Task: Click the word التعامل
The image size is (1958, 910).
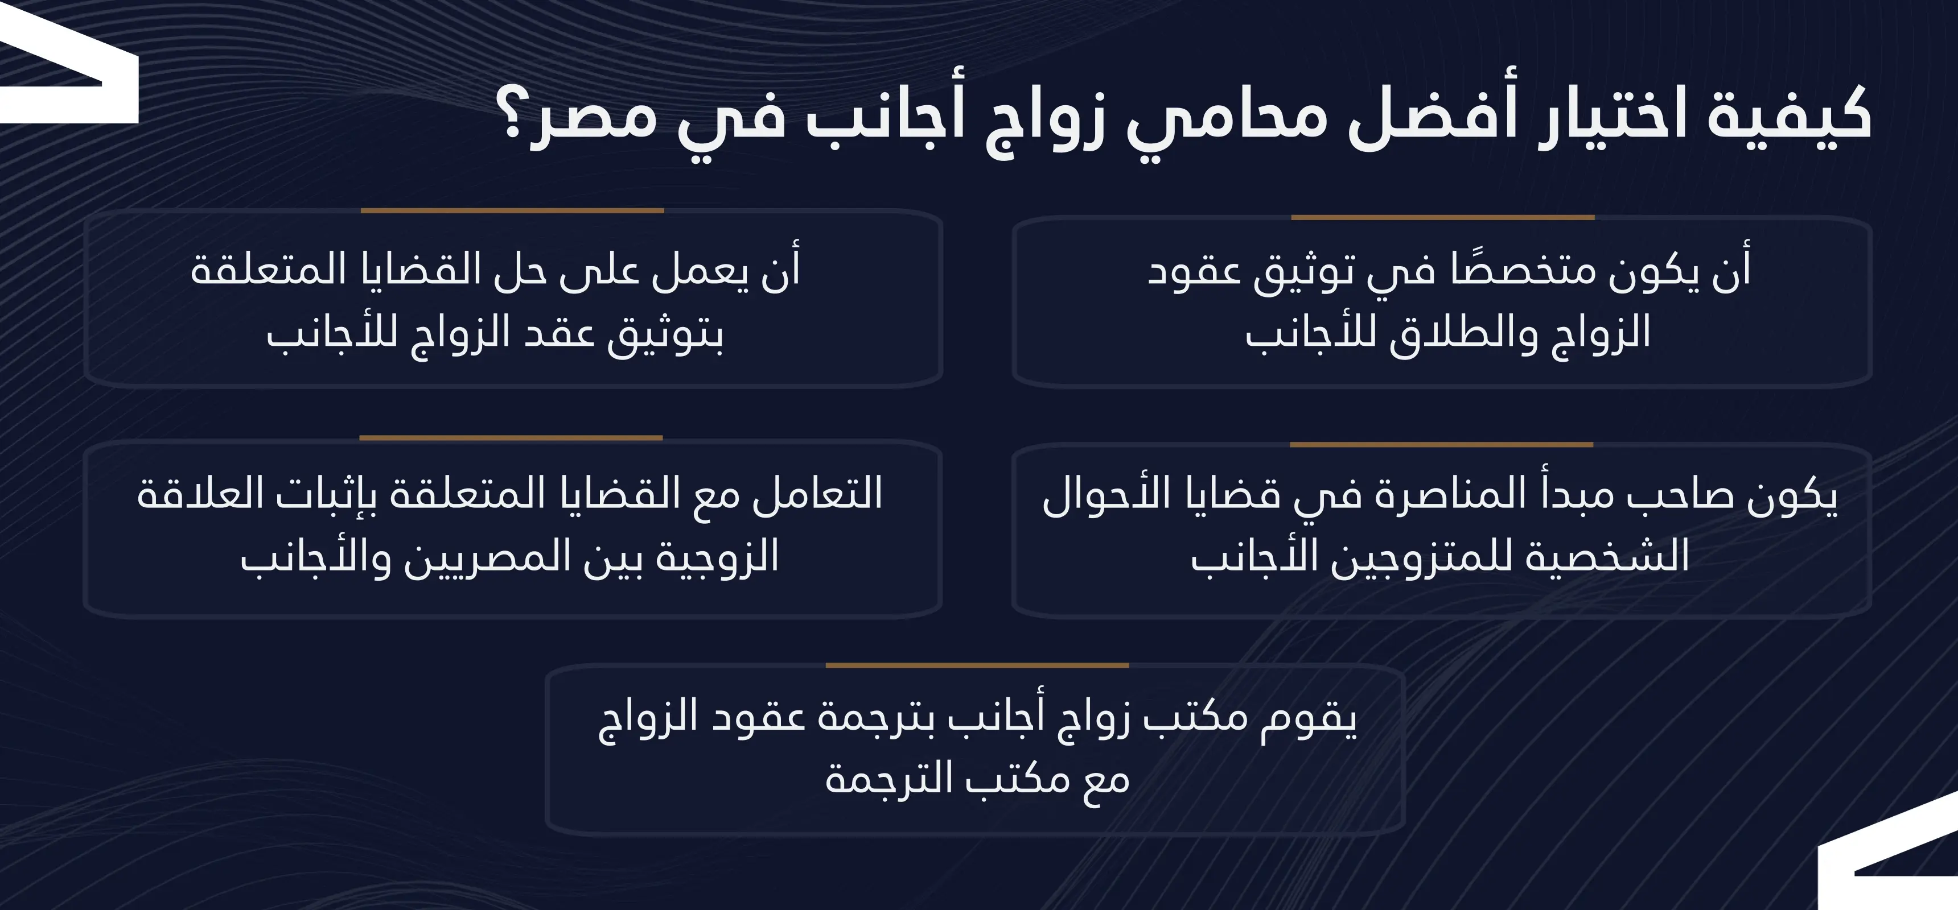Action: point(817,494)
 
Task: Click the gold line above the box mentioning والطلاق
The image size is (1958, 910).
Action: point(1442,218)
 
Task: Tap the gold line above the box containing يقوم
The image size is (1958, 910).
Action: point(977,665)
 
